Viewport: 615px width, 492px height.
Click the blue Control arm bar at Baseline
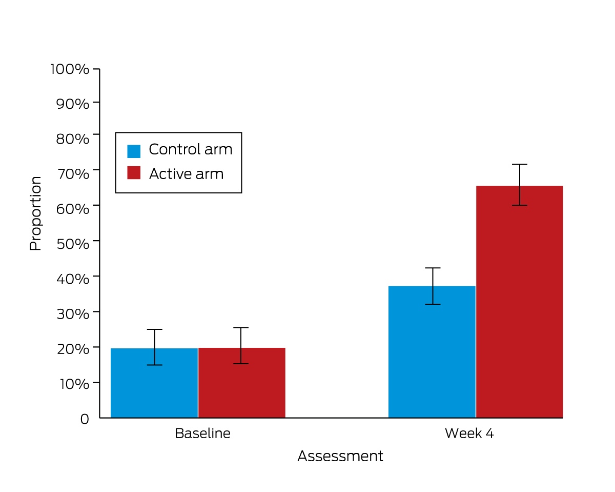154,383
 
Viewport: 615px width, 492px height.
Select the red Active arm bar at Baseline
242,383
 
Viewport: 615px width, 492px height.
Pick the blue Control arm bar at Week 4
432,352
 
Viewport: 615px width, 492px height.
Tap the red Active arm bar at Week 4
520,302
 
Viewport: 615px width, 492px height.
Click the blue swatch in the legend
134,151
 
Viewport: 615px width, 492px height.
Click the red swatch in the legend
134,173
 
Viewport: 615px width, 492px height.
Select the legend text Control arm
191,149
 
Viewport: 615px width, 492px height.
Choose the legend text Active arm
187,173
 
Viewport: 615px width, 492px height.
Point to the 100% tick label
70,69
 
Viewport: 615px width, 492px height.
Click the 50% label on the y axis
73,244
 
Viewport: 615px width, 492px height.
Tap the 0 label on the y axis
85,419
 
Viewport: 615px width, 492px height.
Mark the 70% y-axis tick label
73,174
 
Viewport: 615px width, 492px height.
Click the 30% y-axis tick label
73,314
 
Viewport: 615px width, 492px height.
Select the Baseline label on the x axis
202,434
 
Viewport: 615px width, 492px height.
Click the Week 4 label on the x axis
469,434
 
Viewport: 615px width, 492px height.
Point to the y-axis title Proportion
35,213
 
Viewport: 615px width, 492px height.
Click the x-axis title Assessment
340,456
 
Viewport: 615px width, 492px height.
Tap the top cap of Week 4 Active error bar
520,164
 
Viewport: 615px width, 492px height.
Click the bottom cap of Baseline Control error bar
155,365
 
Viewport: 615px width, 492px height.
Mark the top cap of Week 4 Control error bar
433,268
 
